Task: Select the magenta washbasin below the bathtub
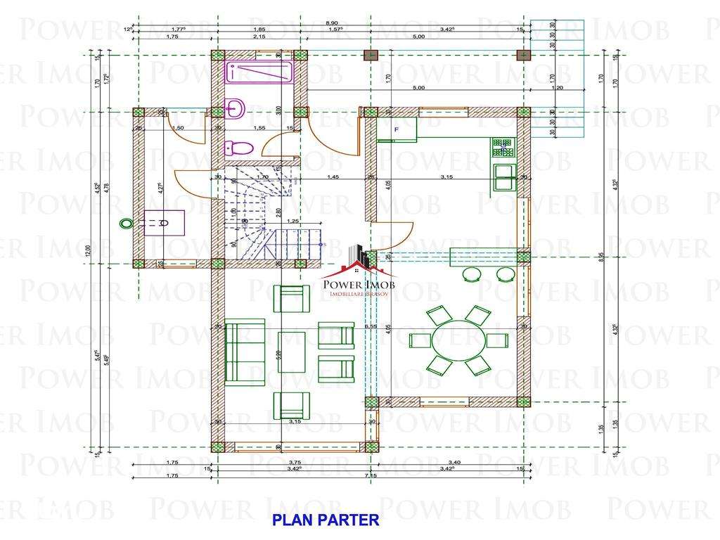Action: pyautogui.click(x=234, y=107)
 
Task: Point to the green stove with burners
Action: pyautogui.click(x=503, y=148)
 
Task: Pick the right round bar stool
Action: pyautogui.click(x=505, y=274)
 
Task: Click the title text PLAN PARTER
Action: pyautogui.click(x=326, y=520)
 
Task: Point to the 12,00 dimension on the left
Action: pyautogui.click(x=89, y=251)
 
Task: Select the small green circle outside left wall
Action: pyautogui.click(x=126, y=223)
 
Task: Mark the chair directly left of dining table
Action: pyautogui.click(x=420, y=340)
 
